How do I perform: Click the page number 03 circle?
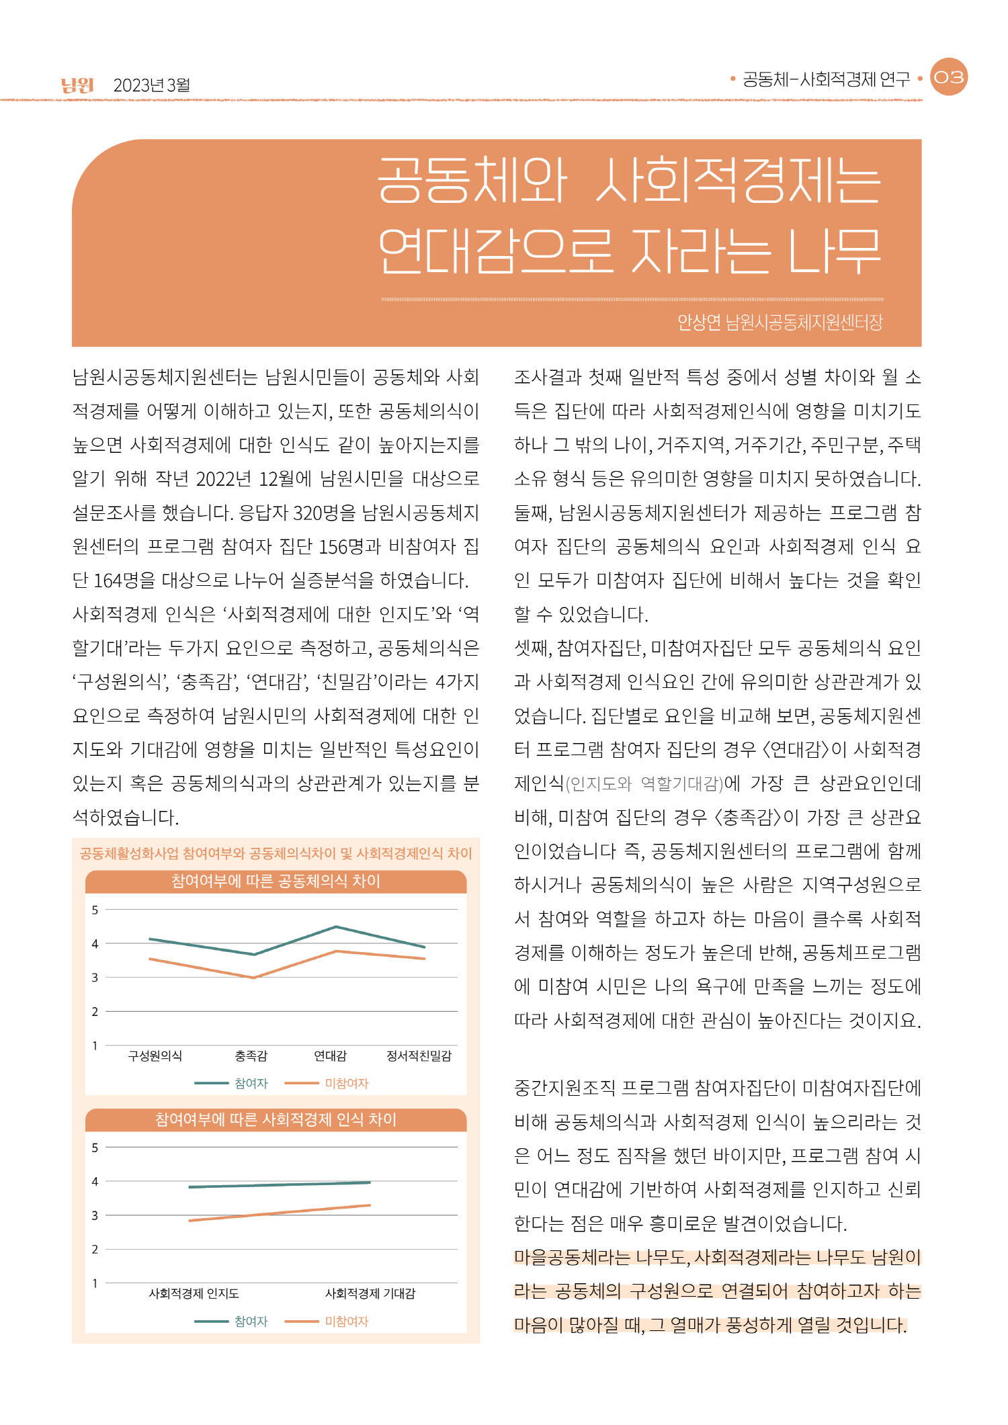pyautogui.click(x=948, y=77)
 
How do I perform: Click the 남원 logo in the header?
pyautogui.click(x=77, y=85)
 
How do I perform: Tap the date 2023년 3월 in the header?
pyautogui.click(x=152, y=85)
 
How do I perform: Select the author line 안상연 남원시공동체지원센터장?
pyautogui.click(x=780, y=323)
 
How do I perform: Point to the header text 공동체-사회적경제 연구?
pyautogui.click(x=826, y=79)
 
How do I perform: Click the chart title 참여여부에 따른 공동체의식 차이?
pyautogui.click(x=276, y=881)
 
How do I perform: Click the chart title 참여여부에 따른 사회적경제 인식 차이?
pyautogui.click(x=276, y=1119)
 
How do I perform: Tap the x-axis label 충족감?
pyautogui.click(x=251, y=1056)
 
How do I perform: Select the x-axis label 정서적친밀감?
pyautogui.click(x=419, y=1056)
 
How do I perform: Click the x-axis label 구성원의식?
pyautogui.click(x=155, y=1056)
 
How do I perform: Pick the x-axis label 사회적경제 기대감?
pyautogui.click(x=370, y=1293)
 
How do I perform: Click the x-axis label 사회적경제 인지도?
pyautogui.click(x=194, y=1293)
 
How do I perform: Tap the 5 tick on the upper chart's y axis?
pyautogui.click(x=95, y=910)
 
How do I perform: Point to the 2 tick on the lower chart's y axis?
pyautogui.click(x=95, y=1249)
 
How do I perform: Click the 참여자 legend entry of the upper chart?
pyautogui.click(x=251, y=1084)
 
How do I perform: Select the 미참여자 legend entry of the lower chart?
pyautogui.click(x=346, y=1322)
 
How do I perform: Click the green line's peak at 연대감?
pyautogui.click(x=336, y=927)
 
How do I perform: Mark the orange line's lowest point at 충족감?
pyautogui.click(x=253, y=978)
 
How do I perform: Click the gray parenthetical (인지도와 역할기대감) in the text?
pyautogui.click(x=644, y=783)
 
